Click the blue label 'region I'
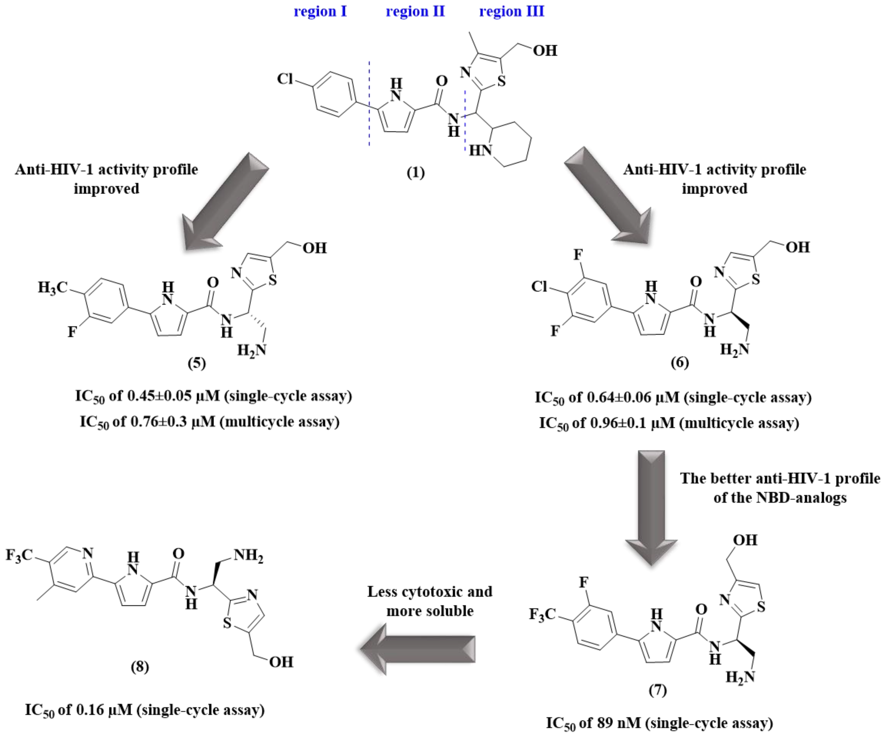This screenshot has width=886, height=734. [x=320, y=11]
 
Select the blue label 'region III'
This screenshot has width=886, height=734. [x=511, y=11]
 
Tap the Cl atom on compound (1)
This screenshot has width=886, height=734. [x=285, y=79]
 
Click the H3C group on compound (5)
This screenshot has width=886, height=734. [x=52, y=288]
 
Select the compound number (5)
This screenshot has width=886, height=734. [x=197, y=363]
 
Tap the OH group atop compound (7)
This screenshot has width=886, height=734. [x=745, y=540]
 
